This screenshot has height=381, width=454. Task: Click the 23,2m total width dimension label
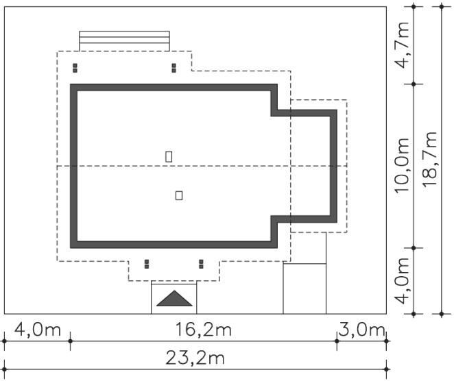tap(195, 358)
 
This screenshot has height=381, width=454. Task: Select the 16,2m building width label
tap(204, 330)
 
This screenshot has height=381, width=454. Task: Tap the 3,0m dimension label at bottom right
tap(361, 330)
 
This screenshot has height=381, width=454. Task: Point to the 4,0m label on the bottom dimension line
tap(38, 330)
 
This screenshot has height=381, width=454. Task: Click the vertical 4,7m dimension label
tap(402, 45)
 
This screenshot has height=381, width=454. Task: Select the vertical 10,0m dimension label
tap(402, 165)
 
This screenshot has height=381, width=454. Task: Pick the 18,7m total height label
tap(430, 160)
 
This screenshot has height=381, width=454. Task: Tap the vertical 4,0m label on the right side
tap(402, 281)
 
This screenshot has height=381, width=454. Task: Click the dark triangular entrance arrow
tap(174, 299)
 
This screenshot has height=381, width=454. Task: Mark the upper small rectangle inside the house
tap(169, 157)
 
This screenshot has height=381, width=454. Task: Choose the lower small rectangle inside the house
tap(179, 195)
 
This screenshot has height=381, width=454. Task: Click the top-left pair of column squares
tap(75, 68)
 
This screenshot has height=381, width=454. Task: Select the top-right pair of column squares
tap(174, 68)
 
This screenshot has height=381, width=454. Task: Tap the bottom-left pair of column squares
tap(147, 264)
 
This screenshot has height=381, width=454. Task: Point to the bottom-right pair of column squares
tap(201, 264)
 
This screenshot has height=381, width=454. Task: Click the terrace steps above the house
tap(125, 41)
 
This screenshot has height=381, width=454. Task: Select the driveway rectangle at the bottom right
tap(304, 288)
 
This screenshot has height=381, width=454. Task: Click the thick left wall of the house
tap(74, 166)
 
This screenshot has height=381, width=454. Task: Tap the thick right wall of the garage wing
tap(333, 166)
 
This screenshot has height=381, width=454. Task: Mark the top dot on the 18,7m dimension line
tap(442, 6)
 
